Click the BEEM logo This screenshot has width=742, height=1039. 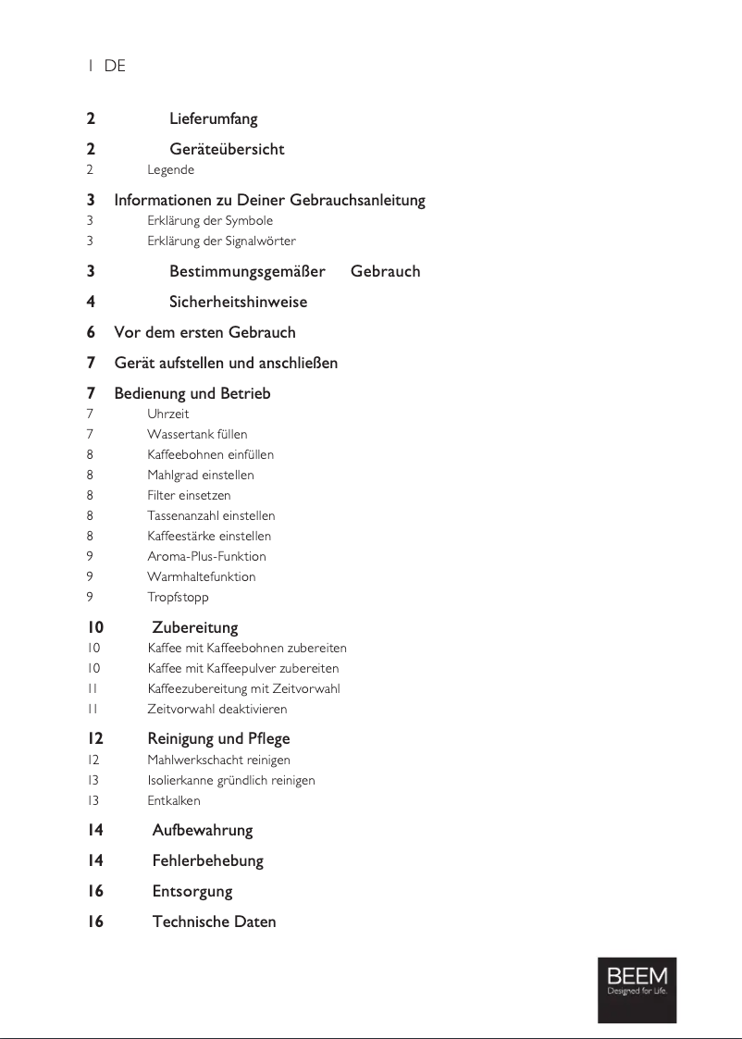(637, 989)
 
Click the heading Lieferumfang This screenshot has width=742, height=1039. (214, 119)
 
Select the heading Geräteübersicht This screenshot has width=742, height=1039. (227, 150)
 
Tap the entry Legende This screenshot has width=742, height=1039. (170, 170)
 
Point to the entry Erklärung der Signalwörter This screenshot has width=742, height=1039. (221, 241)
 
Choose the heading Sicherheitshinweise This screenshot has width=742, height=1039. (238, 303)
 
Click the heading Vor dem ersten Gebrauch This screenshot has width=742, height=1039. (204, 332)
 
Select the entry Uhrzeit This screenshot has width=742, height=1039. (167, 414)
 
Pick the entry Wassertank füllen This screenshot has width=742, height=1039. (197, 435)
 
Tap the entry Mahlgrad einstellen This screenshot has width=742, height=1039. (200, 476)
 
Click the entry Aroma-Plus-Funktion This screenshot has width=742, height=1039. (206, 557)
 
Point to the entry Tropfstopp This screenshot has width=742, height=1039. (178, 598)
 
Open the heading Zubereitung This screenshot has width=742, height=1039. (195, 628)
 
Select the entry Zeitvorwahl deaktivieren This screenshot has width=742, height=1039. (217, 710)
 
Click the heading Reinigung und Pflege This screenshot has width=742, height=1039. (218, 739)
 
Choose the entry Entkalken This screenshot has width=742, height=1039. (173, 800)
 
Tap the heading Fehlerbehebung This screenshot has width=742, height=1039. (207, 861)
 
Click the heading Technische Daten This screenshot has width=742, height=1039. (214, 922)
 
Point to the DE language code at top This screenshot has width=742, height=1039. (115, 67)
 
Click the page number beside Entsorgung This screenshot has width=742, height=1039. (95, 892)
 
